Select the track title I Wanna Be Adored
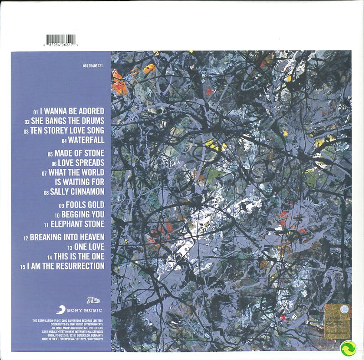click(x=72, y=111)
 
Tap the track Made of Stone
click(x=79, y=153)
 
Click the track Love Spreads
click(x=81, y=162)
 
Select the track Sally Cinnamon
click(x=77, y=192)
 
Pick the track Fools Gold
click(x=85, y=204)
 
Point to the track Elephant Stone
click(x=77, y=224)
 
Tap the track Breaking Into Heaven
click(x=67, y=237)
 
